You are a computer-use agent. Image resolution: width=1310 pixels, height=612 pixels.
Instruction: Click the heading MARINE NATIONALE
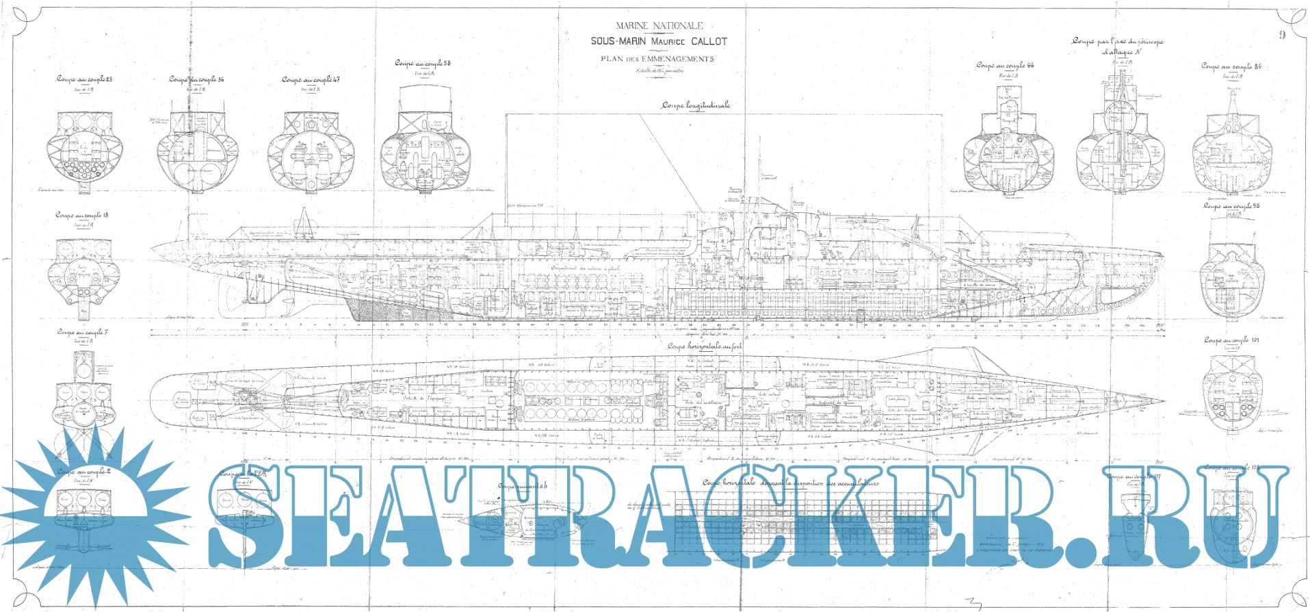(659, 26)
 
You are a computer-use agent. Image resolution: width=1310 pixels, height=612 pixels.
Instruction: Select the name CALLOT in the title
(709, 42)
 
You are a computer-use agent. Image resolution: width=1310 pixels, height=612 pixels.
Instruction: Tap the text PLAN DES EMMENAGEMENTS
(657, 59)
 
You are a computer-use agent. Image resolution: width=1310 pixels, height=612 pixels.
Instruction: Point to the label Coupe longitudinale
(695, 105)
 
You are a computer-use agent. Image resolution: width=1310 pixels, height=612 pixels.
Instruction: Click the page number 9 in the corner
(1282, 35)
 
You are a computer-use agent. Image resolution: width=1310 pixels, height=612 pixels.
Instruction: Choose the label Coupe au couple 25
(84, 79)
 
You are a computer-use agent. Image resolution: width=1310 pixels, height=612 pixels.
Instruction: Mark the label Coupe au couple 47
(311, 80)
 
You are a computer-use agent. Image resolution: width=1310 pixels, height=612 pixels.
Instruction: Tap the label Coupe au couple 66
(1005, 66)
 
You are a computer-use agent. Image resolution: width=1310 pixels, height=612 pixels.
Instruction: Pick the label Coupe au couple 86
(1231, 66)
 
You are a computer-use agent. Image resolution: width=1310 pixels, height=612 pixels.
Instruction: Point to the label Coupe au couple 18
(82, 215)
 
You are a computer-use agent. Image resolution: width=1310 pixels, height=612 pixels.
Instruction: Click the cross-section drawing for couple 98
(1231, 274)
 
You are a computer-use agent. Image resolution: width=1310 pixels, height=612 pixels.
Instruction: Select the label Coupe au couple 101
(1231, 340)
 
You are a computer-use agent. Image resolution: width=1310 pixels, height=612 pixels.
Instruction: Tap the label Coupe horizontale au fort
(705, 346)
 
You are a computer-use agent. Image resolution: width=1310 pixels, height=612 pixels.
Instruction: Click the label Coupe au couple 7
(82, 332)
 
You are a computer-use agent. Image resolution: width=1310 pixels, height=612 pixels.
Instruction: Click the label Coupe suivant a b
(523, 486)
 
